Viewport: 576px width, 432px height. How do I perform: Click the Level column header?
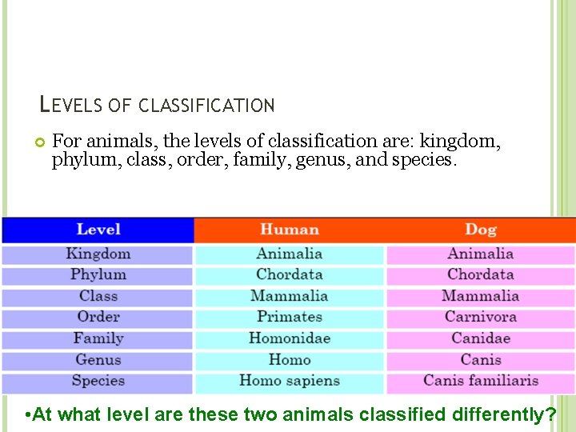pyautogui.click(x=98, y=230)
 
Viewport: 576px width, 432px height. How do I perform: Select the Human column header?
pyautogui.click(x=289, y=230)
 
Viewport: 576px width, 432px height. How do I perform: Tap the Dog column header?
pyautogui.click(x=480, y=230)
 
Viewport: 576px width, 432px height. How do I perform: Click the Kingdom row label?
pyautogui.click(x=98, y=254)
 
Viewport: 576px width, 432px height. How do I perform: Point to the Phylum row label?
pyautogui.click(x=98, y=274)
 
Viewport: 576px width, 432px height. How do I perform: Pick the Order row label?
pyautogui.click(x=98, y=317)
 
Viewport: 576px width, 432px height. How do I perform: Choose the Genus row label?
pyautogui.click(x=98, y=359)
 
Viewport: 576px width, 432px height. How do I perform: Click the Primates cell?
pyautogui.click(x=289, y=317)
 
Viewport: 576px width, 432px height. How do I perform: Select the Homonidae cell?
pyautogui.click(x=289, y=338)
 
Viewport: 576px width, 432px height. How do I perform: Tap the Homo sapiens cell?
pyautogui.click(x=289, y=381)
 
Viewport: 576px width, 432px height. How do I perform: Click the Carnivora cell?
pyautogui.click(x=480, y=317)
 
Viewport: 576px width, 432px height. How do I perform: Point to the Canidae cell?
pyautogui.click(x=480, y=338)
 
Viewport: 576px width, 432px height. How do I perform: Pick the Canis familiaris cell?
pyautogui.click(x=480, y=381)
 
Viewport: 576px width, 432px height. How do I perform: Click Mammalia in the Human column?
pyautogui.click(x=289, y=296)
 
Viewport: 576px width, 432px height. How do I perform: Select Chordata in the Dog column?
pyautogui.click(x=480, y=274)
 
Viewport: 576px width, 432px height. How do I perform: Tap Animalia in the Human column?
pyautogui.click(x=289, y=254)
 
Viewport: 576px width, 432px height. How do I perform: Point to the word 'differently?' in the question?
pyautogui.click(x=504, y=414)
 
